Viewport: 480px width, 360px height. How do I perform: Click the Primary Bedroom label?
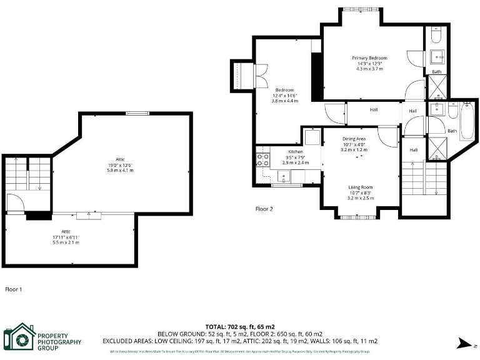click(x=369, y=57)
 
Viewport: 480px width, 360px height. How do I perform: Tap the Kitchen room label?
click(x=296, y=152)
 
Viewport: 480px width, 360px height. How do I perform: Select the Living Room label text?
click(x=361, y=187)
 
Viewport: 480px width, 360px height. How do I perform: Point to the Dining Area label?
click(x=354, y=138)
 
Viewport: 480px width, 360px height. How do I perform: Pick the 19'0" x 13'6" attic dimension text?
click(x=120, y=165)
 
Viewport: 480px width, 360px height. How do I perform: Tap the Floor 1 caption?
click(x=14, y=289)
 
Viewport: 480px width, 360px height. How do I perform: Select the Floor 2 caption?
click(x=264, y=209)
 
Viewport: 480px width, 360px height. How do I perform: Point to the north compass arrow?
click(x=464, y=342)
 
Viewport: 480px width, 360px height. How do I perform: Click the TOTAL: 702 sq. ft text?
click(x=240, y=327)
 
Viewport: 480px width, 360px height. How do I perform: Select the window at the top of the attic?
click(x=137, y=113)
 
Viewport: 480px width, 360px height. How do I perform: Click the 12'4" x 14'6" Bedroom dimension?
click(x=284, y=95)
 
